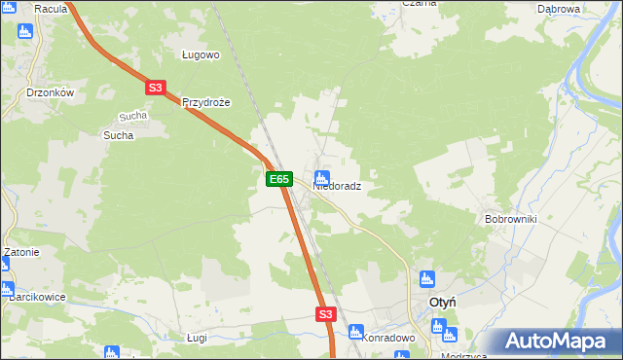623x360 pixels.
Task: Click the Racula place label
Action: [50, 9]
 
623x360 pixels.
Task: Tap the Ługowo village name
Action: [202, 55]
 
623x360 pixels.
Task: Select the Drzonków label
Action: [51, 92]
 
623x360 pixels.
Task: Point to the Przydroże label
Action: [204, 102]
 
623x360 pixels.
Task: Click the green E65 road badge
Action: [278, 179]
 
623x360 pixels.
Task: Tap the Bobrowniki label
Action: [511, 219]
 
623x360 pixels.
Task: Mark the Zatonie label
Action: [20, 252]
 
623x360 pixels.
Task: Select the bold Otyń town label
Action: [444, 303]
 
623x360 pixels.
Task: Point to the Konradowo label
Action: [389, 338]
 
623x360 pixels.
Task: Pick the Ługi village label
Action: [197, 337]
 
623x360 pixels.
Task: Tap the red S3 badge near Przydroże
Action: [155, 88]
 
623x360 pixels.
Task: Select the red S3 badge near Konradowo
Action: [325, 314]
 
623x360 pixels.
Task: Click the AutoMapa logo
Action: [556, 342]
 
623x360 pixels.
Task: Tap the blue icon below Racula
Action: [25, 30]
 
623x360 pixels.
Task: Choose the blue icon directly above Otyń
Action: [425, 280]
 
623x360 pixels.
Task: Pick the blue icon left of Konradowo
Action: [355, 332]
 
